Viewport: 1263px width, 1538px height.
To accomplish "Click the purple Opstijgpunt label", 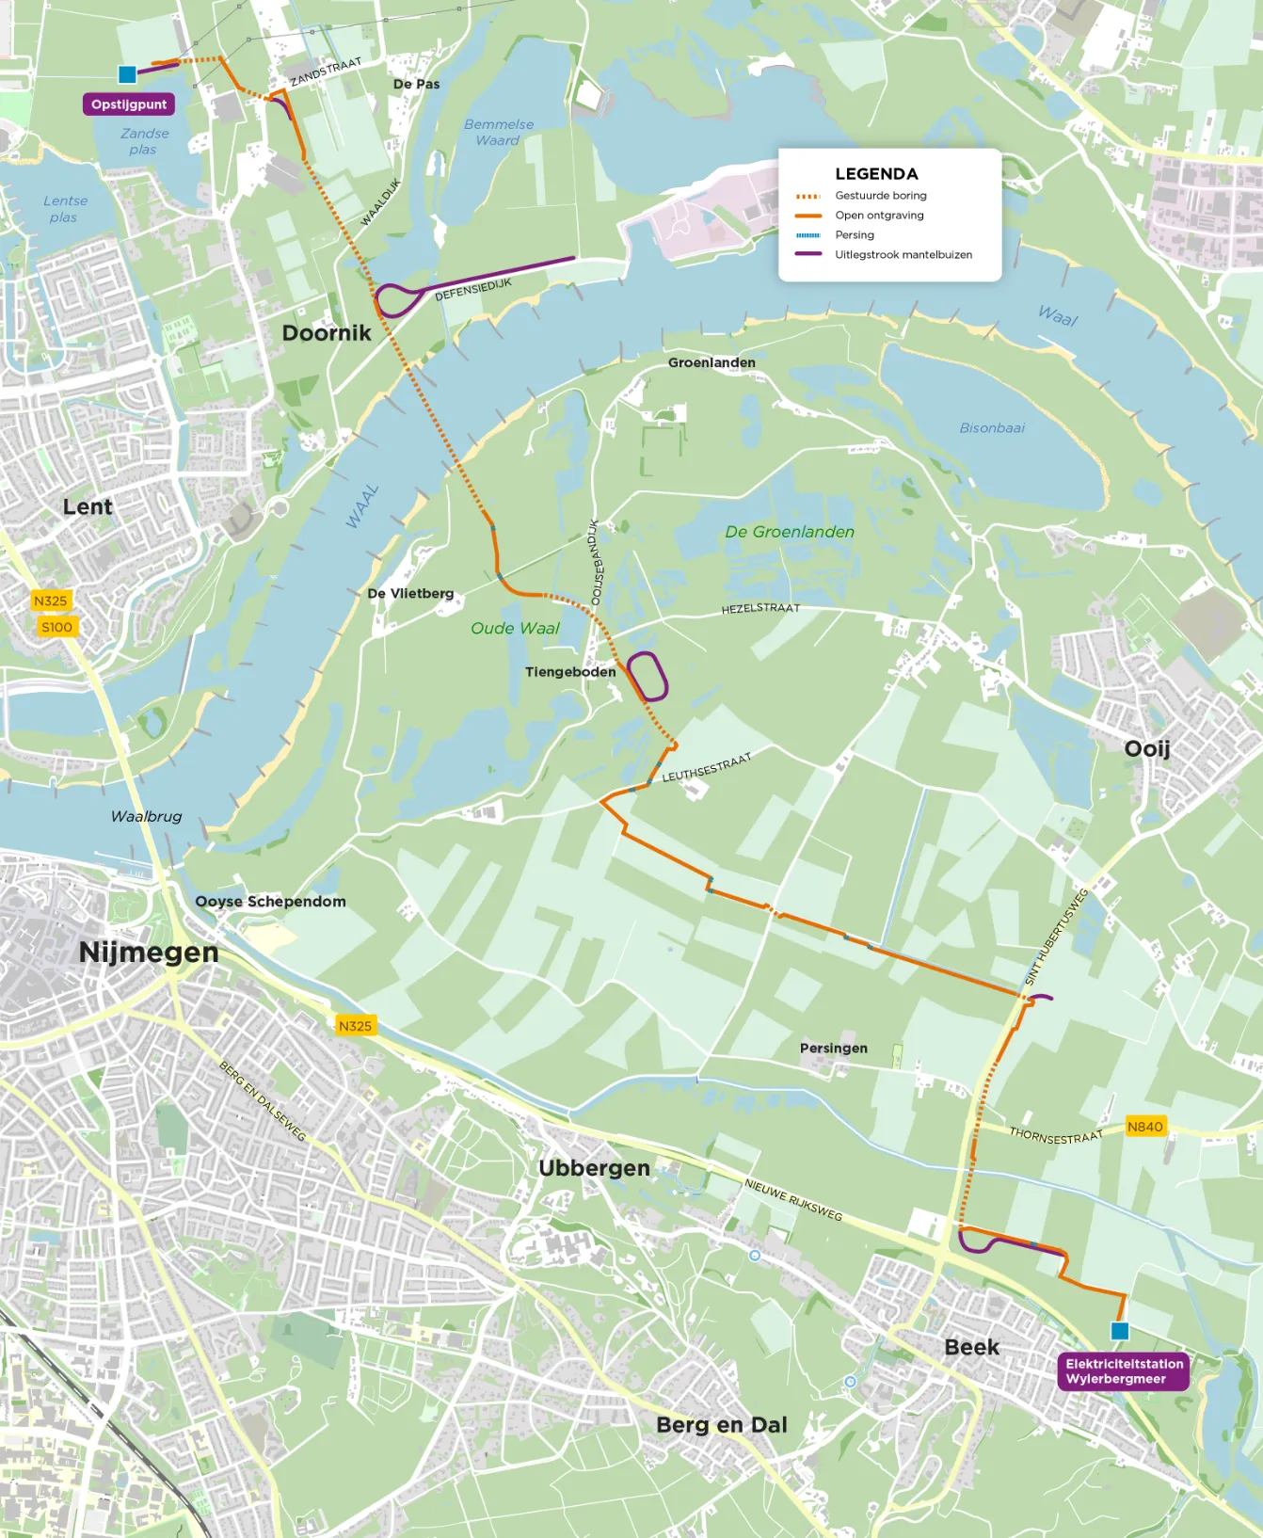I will (x=129, y=104).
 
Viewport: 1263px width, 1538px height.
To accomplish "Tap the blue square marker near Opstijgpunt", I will (x=127, y=74).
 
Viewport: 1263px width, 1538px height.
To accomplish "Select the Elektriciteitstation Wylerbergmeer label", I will (x=1124, y=1370).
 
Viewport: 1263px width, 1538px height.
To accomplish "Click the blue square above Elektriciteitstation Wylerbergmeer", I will (x=1119, y=1331).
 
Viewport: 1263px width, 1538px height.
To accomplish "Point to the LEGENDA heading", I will (x=876, y=174).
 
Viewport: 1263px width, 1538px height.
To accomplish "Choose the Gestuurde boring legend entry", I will (x=880, y=196).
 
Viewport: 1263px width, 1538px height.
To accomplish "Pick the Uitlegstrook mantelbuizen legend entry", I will (x=903, y=254).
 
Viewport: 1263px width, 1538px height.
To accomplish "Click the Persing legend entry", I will (x=854, y=234).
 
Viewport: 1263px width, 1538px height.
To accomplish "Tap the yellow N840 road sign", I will (x=1144, y=1127).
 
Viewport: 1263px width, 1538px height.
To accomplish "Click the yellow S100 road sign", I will (x=56, y=627).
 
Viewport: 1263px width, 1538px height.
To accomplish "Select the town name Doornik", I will (x=327, y=333).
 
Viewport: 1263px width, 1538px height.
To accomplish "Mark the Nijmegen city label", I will (x=149, y=952).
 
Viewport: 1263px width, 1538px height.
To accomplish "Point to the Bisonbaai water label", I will (x=992, y=428).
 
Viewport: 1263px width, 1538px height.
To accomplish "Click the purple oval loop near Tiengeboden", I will (x=647, y=676).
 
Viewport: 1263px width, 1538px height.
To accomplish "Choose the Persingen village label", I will (x=833, y=1048).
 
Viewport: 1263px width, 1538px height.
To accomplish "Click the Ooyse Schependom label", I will (x=270, y=901).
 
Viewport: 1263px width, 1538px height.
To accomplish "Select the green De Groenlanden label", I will (x=789, y=532).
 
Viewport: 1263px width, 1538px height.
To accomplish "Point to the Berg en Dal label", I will (x=721, y=1424).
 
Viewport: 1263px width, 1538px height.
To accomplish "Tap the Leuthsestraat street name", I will (x=707, y=768).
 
